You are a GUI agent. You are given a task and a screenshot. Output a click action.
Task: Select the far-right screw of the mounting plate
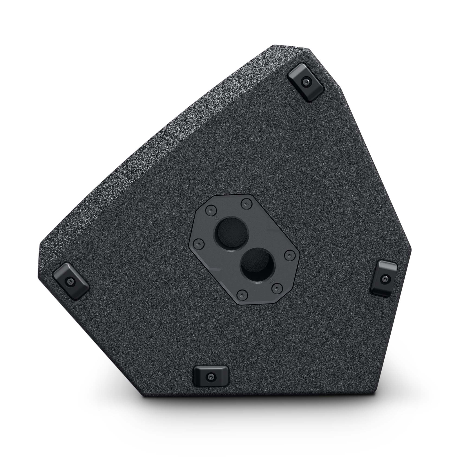click(x=289, y=254)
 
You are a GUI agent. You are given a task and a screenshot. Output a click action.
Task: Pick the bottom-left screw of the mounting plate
click(x=241, y=295)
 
